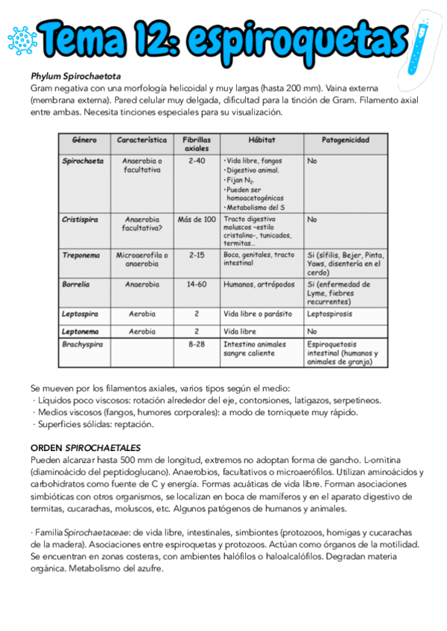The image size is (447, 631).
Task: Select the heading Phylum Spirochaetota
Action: [76, 77]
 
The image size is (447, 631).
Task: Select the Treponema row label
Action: [81, 254]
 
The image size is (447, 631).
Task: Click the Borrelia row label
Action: [77, 284]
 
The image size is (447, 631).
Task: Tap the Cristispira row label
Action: [81, 220]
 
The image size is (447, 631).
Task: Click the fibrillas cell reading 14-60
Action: [197, 284]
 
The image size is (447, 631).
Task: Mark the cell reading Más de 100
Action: [197, 220]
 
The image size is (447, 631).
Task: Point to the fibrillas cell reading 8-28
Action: [197, 345]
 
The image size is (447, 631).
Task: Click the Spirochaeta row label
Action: [83, 160]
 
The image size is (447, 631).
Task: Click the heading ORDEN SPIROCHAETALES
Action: [86, 448]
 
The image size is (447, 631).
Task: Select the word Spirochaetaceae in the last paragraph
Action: [92, 533]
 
